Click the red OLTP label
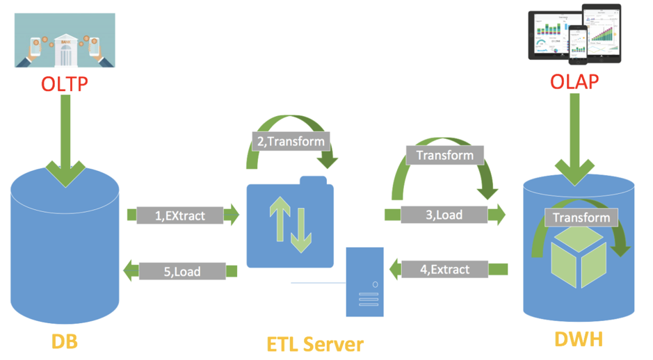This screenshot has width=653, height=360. click(65, 83)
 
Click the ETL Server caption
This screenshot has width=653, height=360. click(314, 343)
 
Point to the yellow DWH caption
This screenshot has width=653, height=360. click(579, 340)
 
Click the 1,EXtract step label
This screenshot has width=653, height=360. click(180, 215)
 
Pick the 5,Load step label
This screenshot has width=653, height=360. click(182, 271)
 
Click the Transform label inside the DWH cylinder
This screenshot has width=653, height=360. click(581, 218)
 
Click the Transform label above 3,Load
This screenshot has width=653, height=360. click(444, 156)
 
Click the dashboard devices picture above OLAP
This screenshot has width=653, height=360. click(574, 33)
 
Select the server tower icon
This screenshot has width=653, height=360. click(365, 281)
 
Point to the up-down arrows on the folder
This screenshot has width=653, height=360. click(290, 223)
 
